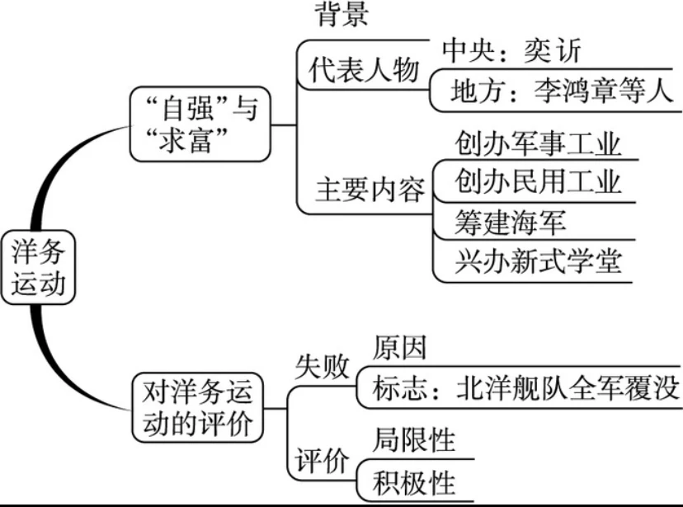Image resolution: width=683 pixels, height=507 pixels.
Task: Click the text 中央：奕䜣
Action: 511,52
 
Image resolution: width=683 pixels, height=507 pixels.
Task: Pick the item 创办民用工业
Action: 537,181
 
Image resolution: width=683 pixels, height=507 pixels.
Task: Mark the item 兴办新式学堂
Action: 537,261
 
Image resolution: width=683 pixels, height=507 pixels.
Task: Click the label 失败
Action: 322,367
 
